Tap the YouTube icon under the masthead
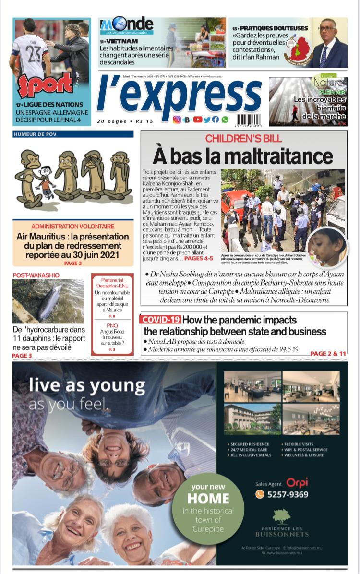point(197,120)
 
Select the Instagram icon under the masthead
point(177,120)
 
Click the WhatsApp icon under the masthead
point(225,120)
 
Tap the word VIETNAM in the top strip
point(122,41)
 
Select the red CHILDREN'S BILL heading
point(243,139)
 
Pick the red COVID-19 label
point(161,320)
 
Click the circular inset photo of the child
point(326,247)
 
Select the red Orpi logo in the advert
point(297,482)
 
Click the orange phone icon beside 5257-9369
point(260,494)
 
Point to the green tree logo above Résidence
point(281,516)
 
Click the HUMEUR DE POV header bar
point(73,134)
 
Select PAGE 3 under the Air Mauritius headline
point(73,263)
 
